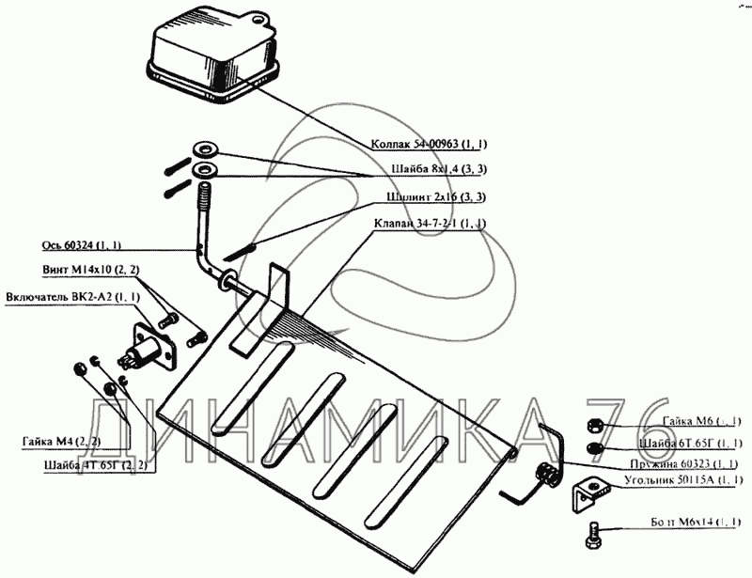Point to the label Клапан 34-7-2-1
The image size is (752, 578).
pos(438,224)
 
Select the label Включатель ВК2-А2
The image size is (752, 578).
pos(73,297)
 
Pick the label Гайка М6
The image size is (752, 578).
pos(701,421)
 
